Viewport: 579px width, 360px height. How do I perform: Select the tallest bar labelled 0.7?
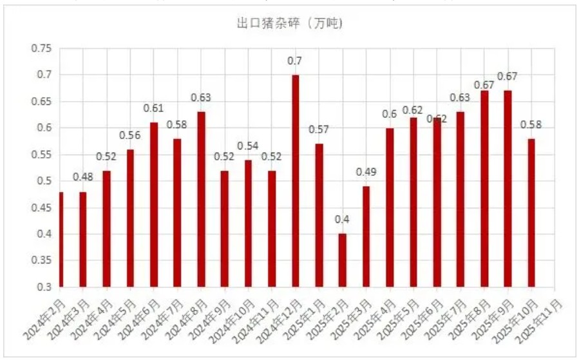tap(296, 180)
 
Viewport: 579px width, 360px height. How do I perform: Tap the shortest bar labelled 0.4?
tap(343, 260)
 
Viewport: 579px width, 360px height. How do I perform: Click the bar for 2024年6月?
tap(154, 204)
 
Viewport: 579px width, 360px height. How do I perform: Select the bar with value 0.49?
tap(366, 236)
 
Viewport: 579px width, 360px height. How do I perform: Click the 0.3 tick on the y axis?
tap(43, 287)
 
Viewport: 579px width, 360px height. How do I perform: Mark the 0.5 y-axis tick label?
tap(43, 181)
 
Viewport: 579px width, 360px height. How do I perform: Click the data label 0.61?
tap(153, 108)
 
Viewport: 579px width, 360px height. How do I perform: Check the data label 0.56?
tap(129, 135)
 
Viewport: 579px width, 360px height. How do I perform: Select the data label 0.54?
tap(248, 146)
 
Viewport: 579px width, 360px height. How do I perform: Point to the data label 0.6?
tap(390, 114)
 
